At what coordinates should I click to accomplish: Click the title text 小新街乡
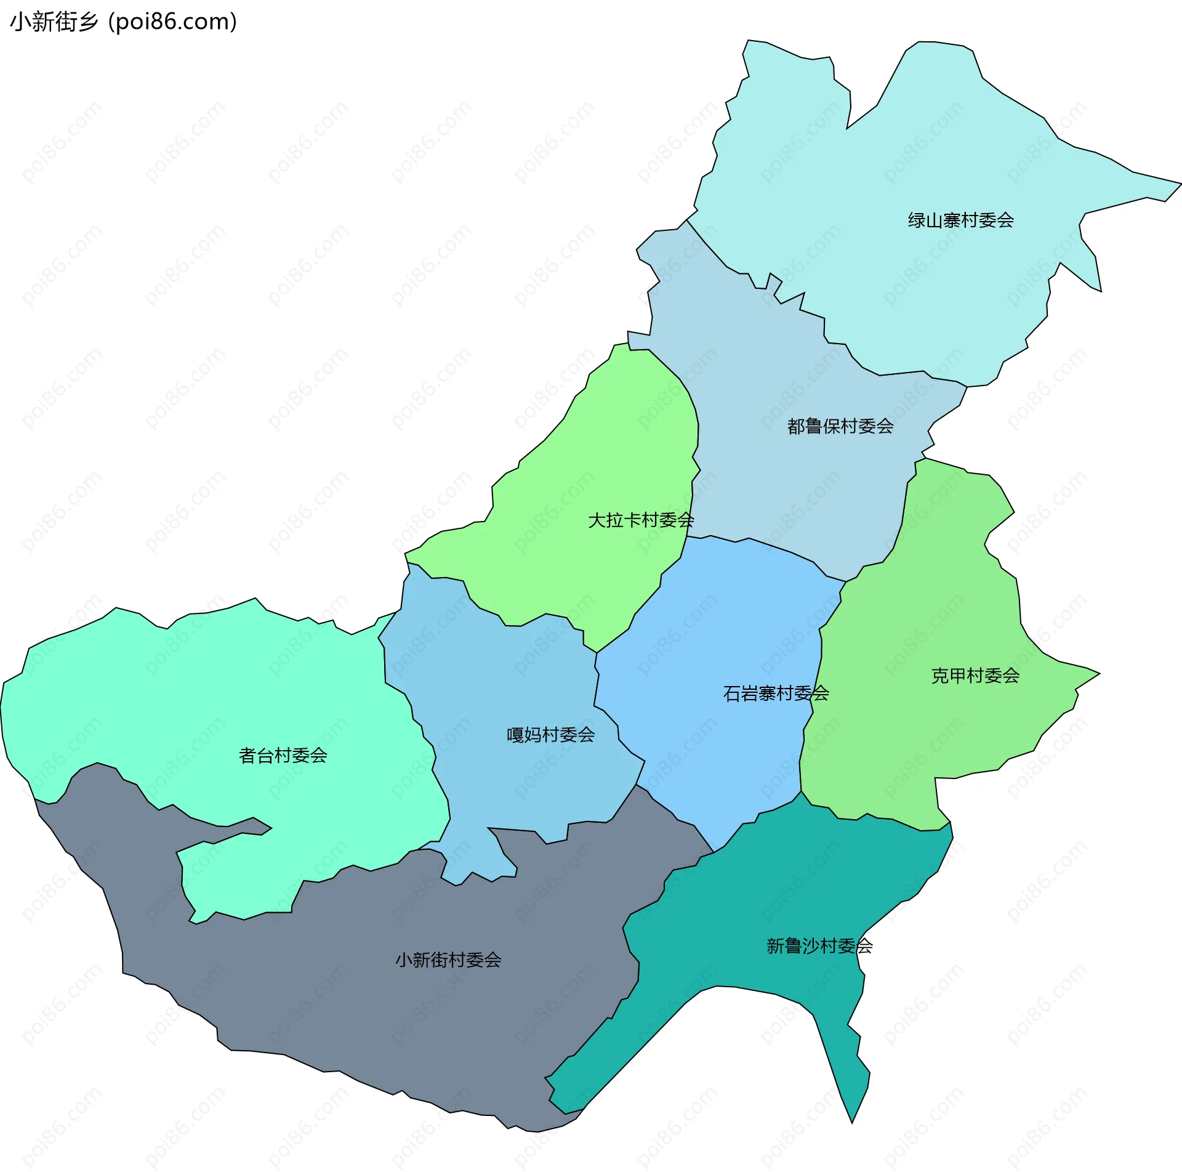click(54, 22)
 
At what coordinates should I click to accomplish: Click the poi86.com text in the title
click(172, 22)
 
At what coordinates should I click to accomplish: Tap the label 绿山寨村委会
click(960, 220)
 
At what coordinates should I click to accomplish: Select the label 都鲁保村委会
click(840, 426)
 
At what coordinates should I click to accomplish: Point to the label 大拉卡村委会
click(641, 520)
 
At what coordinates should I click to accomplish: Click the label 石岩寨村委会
click(776, 693)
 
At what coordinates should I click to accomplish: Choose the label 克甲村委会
click(975, 676)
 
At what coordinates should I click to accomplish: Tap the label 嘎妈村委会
click(550, 735)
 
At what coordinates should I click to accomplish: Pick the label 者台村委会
click(283, 755)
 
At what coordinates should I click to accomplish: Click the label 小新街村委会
click(448, 960)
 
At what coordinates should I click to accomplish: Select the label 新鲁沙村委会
click(819, 946)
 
